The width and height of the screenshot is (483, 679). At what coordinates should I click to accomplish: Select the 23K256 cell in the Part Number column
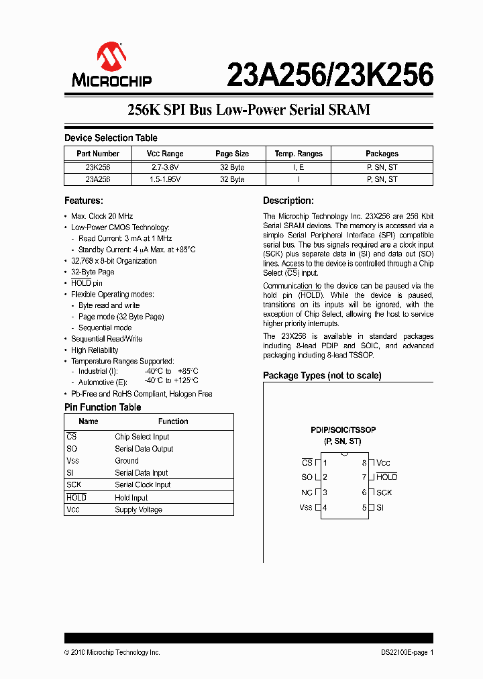click(98, 167)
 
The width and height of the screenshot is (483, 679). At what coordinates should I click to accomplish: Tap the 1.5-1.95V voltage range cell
click(165, 179)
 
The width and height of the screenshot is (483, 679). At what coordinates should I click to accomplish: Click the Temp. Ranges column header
click(299, 154)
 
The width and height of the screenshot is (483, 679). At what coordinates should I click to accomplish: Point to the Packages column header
click(382, 154)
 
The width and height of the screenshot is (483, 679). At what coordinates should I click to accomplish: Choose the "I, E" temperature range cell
click(299, 167)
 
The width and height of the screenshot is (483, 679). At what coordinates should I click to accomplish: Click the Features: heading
click(83, 201)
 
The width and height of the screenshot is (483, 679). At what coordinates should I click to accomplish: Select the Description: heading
click(288, 201)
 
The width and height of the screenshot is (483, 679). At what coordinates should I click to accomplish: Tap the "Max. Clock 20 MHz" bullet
click(102, 216)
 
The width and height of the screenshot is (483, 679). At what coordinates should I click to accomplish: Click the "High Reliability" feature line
click(95, 350)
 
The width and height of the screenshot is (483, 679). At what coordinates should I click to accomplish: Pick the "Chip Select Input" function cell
click(142, 437)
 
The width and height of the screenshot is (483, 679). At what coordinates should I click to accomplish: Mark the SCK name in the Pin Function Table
click(74, 484)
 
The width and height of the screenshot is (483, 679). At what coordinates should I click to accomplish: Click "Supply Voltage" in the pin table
click(138, 510)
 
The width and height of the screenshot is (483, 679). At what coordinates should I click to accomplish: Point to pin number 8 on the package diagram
click(364, 463)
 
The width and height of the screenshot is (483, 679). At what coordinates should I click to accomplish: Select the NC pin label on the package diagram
click(307, 492)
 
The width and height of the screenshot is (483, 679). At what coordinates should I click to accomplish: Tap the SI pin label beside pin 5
click(380, 508)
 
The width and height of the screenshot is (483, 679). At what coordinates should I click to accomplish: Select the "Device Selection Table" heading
click(111, 138)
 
